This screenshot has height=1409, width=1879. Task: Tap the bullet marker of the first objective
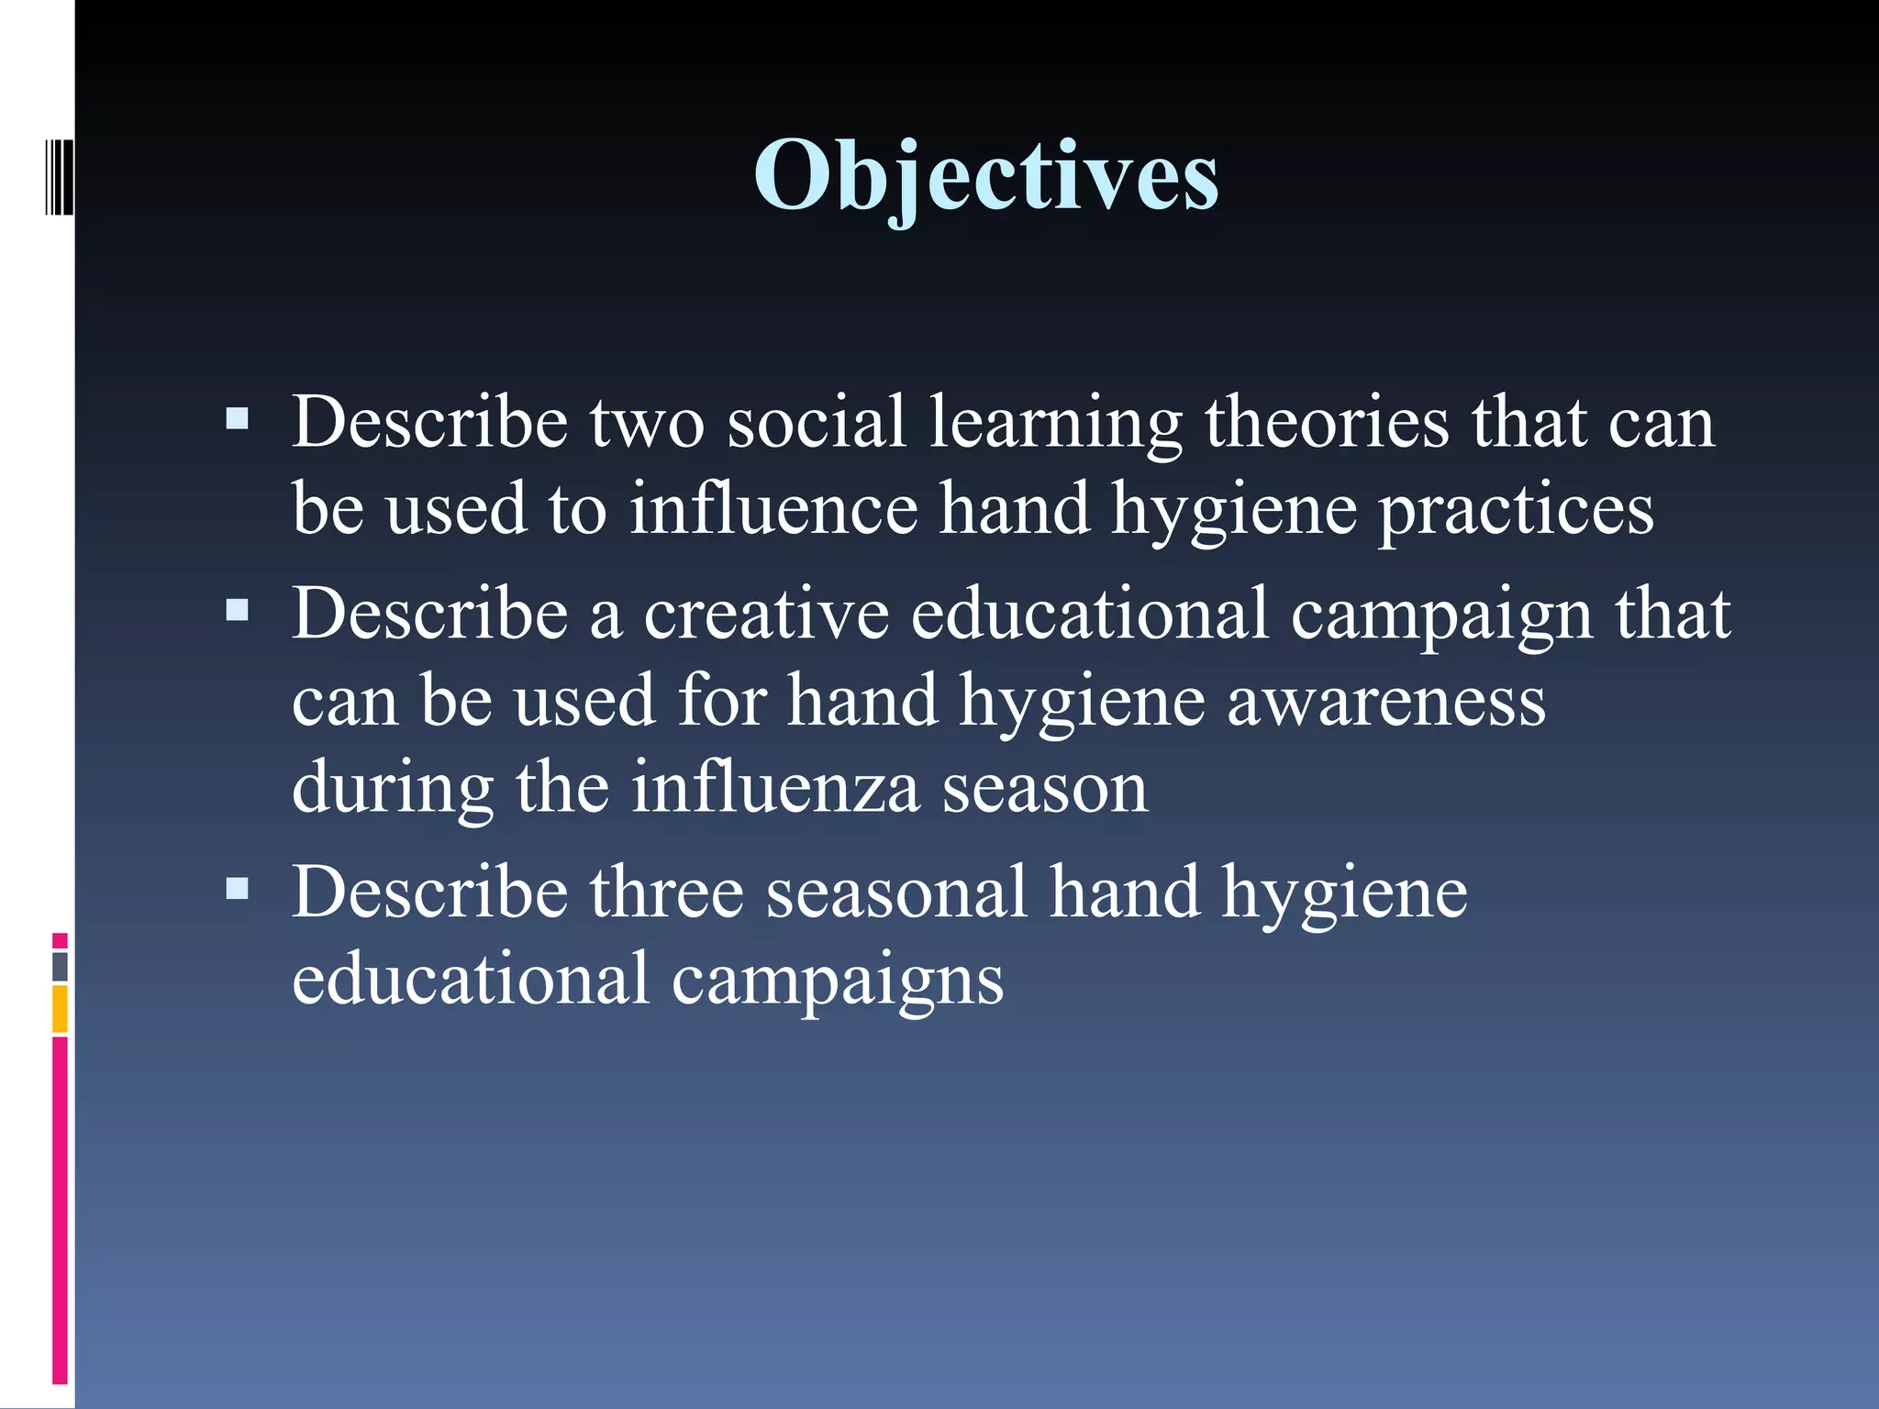click(237, 420)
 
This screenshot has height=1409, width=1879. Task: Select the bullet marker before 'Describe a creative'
click(237, 611)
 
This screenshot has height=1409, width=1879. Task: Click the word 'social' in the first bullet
click(817, 422)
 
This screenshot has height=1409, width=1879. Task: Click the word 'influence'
click(773, 509)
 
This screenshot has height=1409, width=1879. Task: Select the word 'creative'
click(766, 613)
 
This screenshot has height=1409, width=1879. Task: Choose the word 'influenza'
click(774, 787)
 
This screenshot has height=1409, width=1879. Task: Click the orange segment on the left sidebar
click(60, 1009)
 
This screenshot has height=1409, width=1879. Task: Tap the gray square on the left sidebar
click(60, 967)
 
